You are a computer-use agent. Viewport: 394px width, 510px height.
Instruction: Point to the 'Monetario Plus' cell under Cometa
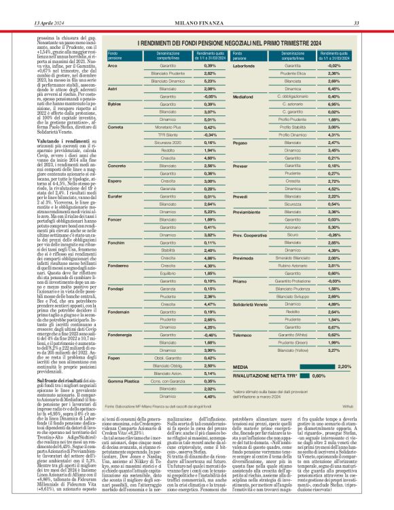click(x=166, y=127)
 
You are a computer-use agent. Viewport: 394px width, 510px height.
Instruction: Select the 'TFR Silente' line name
click(x=166, y=134)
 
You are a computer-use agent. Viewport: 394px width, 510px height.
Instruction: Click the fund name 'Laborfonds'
click(x=264, y=65)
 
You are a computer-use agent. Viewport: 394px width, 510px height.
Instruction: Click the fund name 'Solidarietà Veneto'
click(x=270, y=305)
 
